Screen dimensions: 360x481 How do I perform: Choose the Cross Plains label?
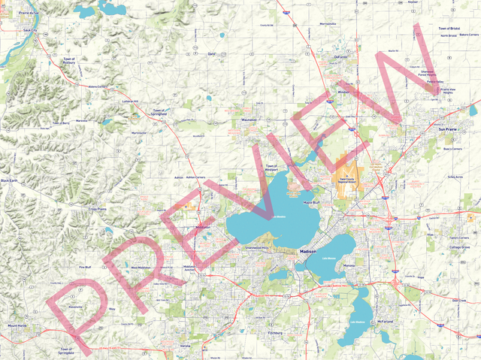(x=98, y=209)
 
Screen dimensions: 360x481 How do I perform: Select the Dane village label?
(x=211, y=54)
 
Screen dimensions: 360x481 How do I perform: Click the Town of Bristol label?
(x=451, y=29)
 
